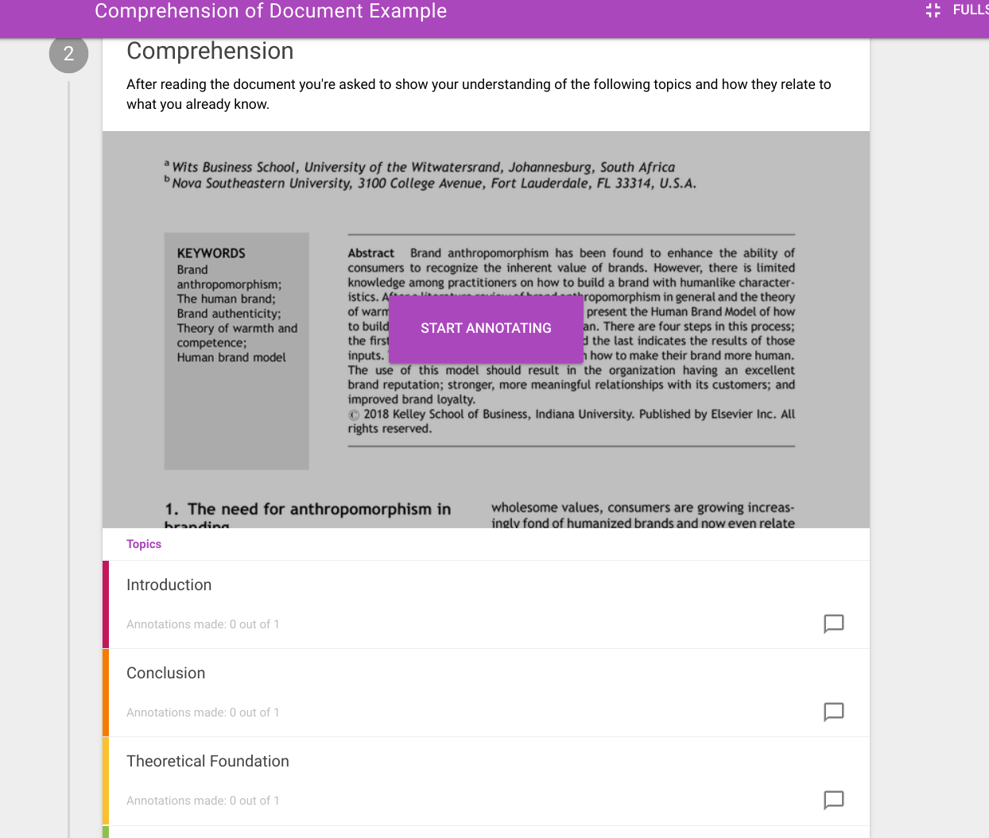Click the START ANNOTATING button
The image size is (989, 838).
point(486,328)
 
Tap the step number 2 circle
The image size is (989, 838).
point(68,53)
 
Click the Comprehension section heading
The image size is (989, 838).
point(210,51)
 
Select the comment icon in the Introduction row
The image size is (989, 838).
point(833,624)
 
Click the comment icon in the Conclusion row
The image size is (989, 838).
point(833,712)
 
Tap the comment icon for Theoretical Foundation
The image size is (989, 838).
point(833,800)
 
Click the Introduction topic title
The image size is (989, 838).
point(169,585)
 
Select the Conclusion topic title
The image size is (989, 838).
point(165,673)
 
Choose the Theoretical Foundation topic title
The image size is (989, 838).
point(207,761)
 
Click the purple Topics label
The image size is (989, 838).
point(144,544)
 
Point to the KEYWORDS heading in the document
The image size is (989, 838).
point(211,253)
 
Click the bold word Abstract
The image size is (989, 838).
point(370,253)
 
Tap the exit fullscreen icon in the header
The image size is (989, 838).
point(933,10)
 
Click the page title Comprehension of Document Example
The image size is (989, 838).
point(270,11)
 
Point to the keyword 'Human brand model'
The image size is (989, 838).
point(231,357)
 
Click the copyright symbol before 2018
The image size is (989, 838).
point(354,415)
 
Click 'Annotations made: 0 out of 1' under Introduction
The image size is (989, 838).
point(203,624)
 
